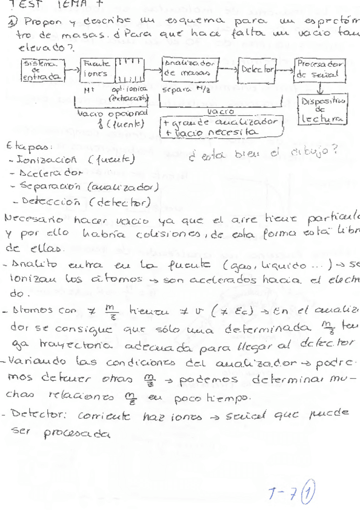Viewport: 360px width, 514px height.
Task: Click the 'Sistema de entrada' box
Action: pos(41,70)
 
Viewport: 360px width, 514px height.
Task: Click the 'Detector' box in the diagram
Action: pos(258,70)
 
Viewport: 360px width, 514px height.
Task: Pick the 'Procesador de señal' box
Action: pos(319,69)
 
